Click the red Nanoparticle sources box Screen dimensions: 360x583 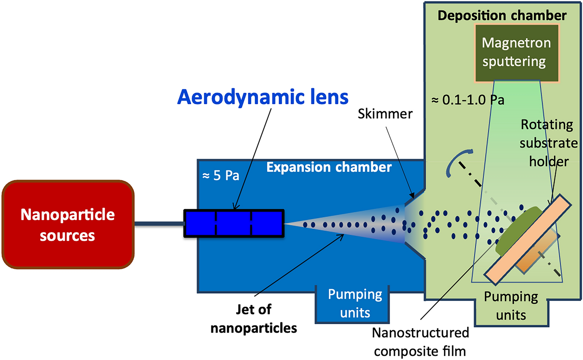coord(68,225)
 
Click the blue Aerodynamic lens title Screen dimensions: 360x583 coord(262,97)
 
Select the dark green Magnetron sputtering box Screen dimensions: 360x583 coord(516,53)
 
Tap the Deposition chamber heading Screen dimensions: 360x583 coord(502,15)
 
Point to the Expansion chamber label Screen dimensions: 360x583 coord(329,167)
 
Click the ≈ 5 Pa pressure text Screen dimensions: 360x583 coord(221,176)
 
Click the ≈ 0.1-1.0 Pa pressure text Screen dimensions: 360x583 coord(468,100)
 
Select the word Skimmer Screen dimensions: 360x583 coord(385,114)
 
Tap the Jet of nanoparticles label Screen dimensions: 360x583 coord(254,319)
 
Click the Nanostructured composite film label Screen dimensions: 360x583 coord(420,342)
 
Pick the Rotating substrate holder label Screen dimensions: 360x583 coord(548,143)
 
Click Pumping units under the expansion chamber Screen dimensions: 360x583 coord(355,303)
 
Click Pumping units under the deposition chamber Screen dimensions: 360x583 coord(511,305)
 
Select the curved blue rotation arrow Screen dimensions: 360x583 coord(456,161)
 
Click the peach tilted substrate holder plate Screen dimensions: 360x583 coord(527,240)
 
